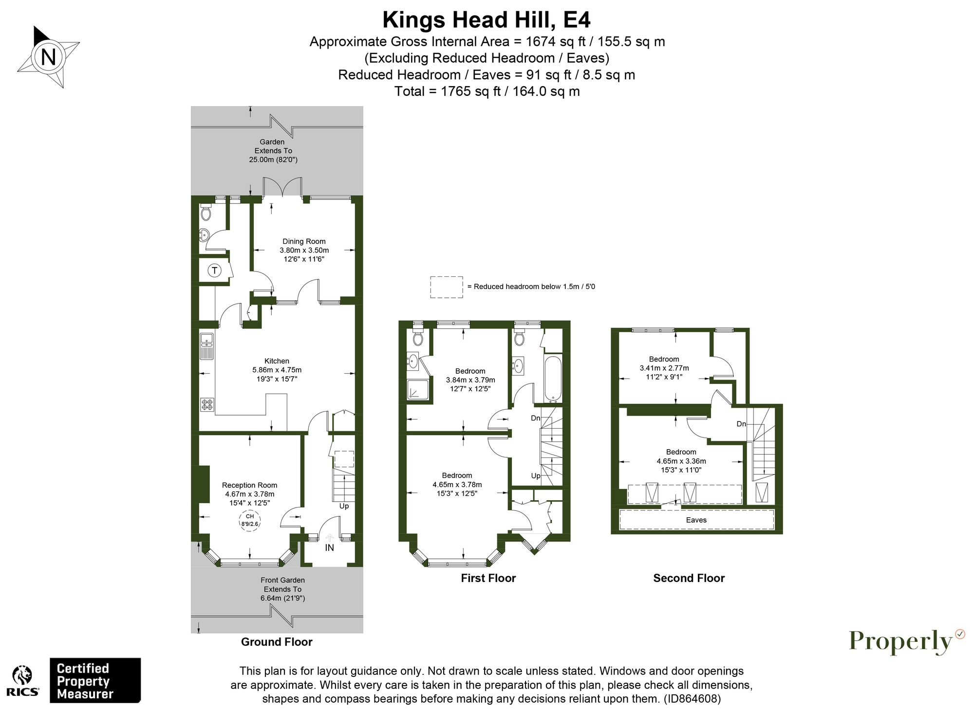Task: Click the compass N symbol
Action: coord(48,57)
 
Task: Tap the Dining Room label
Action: coord(304,241)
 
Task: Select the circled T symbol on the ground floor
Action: coord(214,271)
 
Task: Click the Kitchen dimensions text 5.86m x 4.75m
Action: coord(277,370)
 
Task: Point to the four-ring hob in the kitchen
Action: coord(207,404)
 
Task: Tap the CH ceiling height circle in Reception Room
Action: coord(250,520)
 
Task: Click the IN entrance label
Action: coord(330,547)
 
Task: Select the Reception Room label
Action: coord(249,485)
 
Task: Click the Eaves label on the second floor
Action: coord(696,520)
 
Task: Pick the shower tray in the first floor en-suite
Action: coord(418,390)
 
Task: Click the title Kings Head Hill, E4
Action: coord(486,20)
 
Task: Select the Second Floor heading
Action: coord(689,578)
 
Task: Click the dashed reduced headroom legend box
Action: coord(446,287)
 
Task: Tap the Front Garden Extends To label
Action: coord(282,589)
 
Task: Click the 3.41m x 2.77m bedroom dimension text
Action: coord(664,368)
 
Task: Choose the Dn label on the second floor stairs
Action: coord(741,424)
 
